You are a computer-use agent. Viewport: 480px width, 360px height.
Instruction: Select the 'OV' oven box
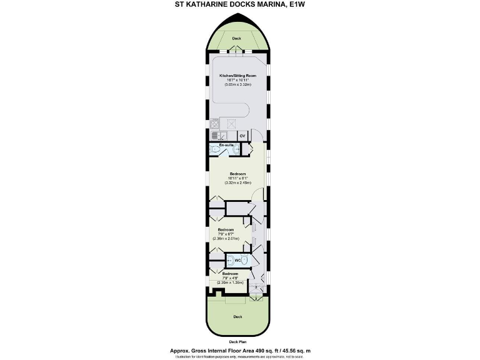click(x=242, y=136)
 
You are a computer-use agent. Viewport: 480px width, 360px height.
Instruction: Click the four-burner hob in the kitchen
click(x=215, y=124)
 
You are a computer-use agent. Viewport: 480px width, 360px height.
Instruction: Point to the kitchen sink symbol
click(x=215, y=136)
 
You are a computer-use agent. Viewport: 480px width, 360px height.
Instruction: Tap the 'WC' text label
click(x=238, y=260)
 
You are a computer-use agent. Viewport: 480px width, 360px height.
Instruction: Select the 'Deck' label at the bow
click(x=237, y=38)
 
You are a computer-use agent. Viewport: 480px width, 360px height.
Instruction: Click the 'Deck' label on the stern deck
click(x=237, y=317)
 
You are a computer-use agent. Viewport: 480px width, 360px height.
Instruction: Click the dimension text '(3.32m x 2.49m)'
click(x=237, y=183)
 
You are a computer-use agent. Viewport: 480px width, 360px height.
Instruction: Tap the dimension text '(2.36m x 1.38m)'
click(x=230, y=282)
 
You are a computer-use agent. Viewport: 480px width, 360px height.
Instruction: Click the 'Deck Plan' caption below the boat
click(x=237, y=342)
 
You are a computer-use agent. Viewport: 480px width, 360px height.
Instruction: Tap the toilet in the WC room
click(x=230, y=260)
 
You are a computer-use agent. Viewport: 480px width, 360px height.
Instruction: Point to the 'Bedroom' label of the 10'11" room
click(x=237, y=174)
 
